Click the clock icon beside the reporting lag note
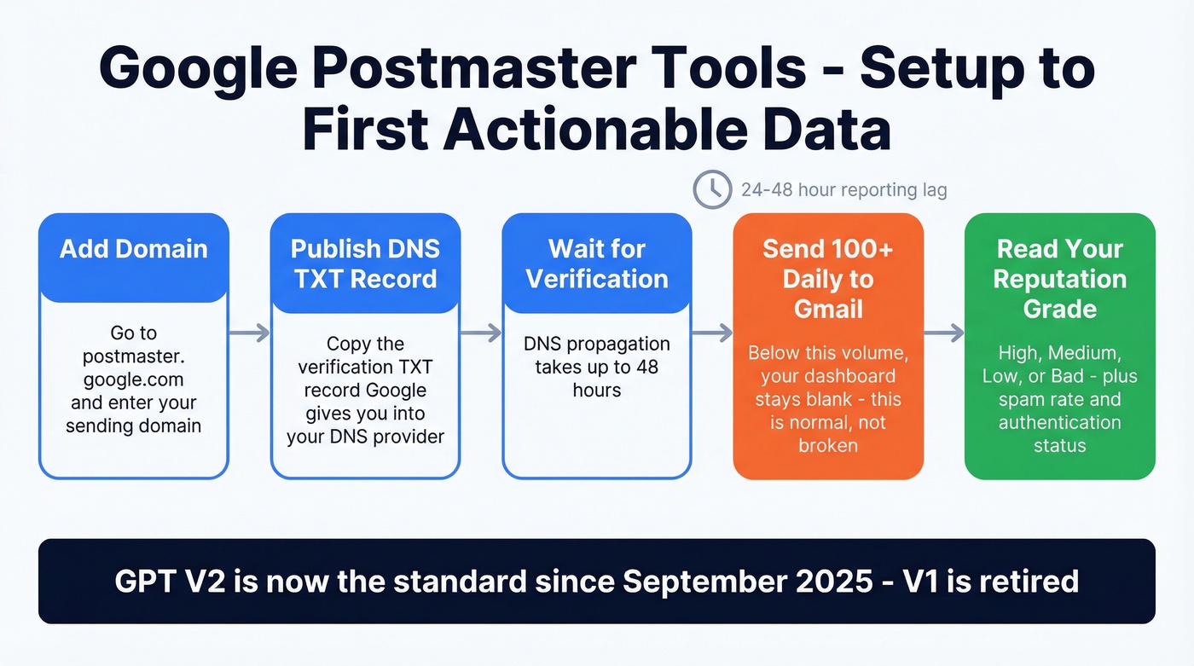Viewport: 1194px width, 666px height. [x=711, y=189]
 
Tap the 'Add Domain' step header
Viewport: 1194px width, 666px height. [x=134, y=249]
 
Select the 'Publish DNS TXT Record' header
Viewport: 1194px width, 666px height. [x=365, y=264]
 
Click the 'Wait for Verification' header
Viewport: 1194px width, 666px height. [x=597, y=264]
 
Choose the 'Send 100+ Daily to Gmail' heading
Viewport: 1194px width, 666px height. [x=828, y=278]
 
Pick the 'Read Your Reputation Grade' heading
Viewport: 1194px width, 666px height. [x=1059, y=278]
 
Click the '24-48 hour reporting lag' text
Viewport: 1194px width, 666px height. [x=843, y=190]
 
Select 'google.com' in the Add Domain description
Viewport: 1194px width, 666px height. [x=134, y=379]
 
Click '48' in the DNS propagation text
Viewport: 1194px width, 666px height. [x=650, y=368]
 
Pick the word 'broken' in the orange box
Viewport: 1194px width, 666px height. [x=828, y=445]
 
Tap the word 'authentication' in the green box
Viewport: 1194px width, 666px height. [x=1059, y=422]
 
